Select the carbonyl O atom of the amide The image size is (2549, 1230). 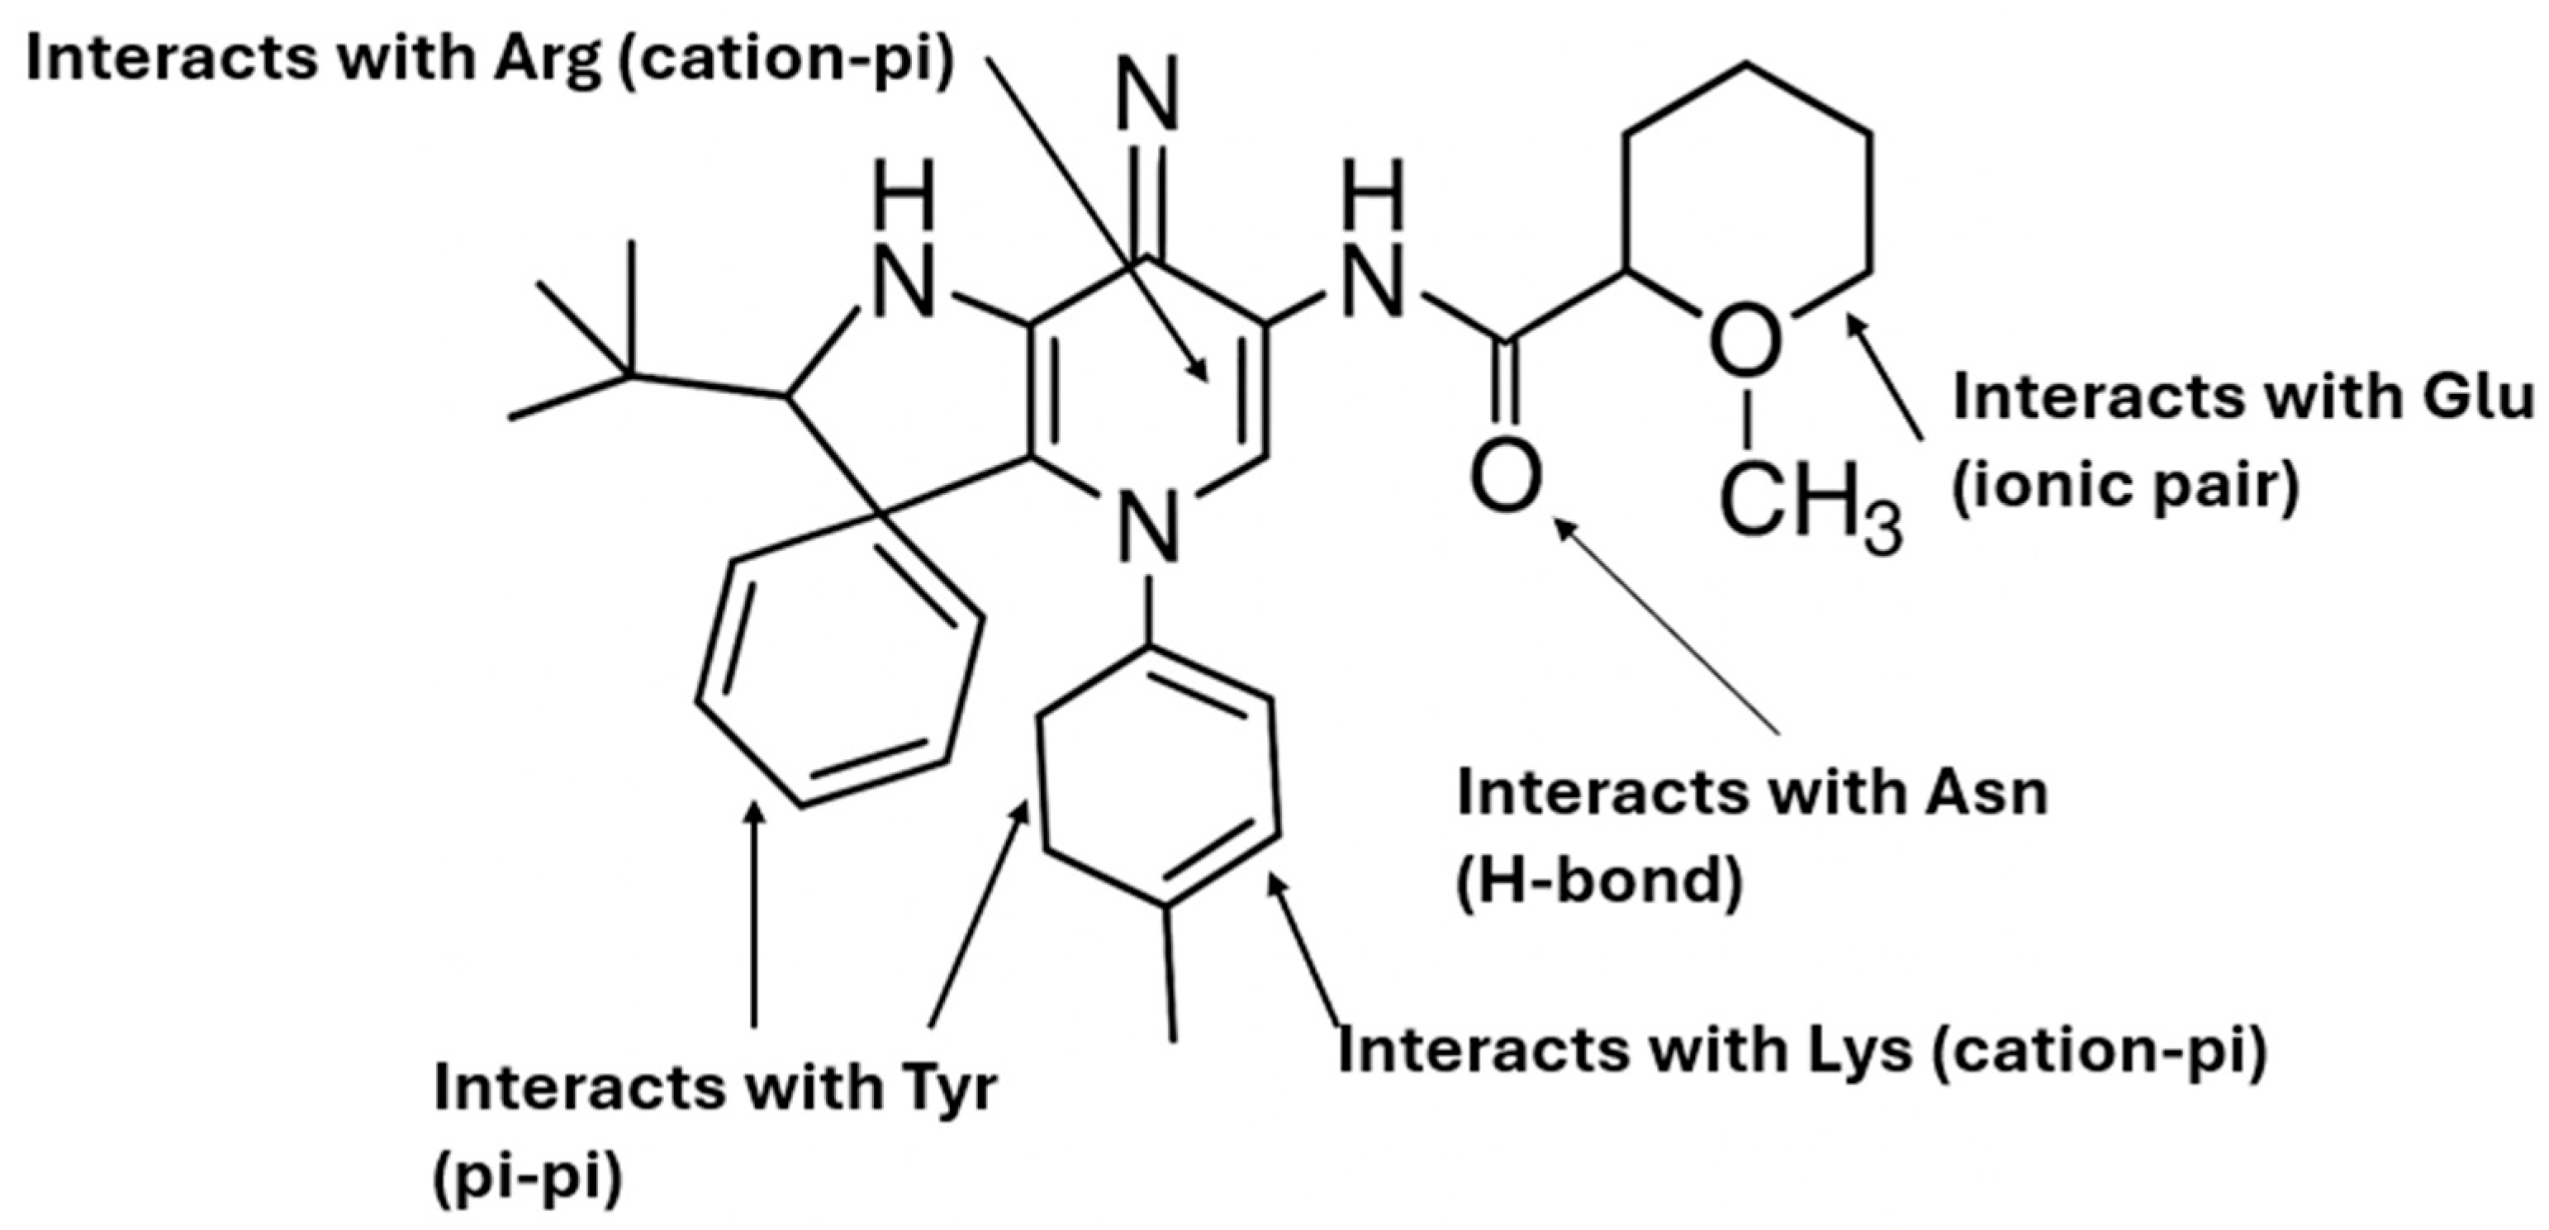1505,478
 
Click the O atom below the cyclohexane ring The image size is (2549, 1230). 1745,341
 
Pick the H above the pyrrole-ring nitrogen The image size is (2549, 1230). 904,196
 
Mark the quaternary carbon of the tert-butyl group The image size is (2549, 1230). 630,375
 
